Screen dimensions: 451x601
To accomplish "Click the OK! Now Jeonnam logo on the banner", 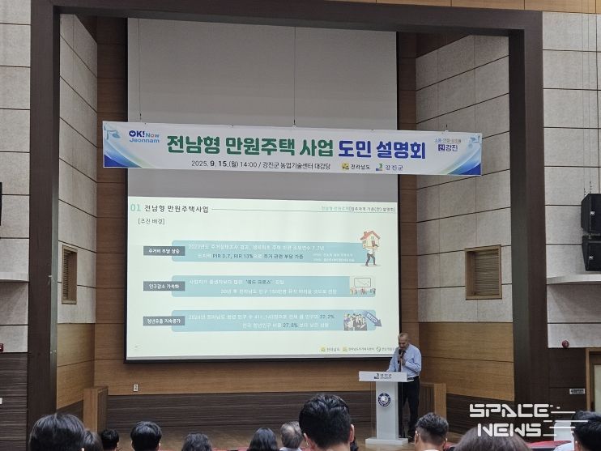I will tap(134, 134).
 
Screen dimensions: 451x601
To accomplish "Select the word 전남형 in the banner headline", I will tap(188, 147).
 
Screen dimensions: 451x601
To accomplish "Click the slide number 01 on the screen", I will tap(135, 208).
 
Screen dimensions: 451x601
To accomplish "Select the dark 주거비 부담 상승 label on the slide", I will tap(164, 251).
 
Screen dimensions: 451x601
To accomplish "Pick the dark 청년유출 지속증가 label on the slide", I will tap(165, 321).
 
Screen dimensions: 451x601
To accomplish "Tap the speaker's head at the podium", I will tap(403, 338).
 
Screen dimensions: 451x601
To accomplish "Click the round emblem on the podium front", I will tap(384, 398).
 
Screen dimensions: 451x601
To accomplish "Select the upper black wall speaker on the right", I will tap(590, 213).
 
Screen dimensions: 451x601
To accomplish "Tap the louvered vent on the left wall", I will tap(70, 274).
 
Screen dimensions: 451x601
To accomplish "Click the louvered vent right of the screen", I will tap(483, 272).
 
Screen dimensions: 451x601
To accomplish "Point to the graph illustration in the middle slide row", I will tap(361, 286).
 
